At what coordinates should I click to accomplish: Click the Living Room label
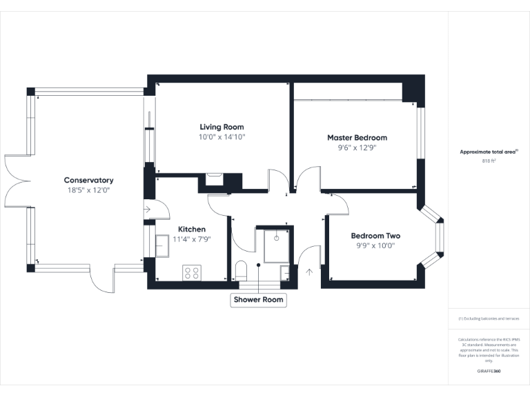click(222, 127)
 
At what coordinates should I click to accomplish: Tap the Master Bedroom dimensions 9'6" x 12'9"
click(357, 147)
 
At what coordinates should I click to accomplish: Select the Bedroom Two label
click(375, 236)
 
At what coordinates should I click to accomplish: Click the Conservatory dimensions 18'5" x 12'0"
click(88, 190)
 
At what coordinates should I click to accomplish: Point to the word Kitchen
click(192, 229)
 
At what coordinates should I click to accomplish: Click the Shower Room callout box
click(258, 300)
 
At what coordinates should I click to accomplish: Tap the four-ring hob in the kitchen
click(191, 272)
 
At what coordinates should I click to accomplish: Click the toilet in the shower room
click(242, 269)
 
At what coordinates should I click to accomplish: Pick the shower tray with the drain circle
click(275, 244)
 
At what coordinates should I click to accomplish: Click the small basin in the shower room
click(286, 273)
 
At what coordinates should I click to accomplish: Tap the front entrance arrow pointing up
click(309, 272)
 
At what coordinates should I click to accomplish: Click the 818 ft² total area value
click(489, 161)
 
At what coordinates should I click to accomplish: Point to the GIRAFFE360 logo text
click(489, 371)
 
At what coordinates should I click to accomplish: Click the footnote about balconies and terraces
click(489, 318)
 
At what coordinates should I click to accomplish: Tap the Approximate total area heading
click(489, 152)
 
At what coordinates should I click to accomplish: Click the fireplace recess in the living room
click(215, 181)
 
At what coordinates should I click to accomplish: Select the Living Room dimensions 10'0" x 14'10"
click(222, 137)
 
